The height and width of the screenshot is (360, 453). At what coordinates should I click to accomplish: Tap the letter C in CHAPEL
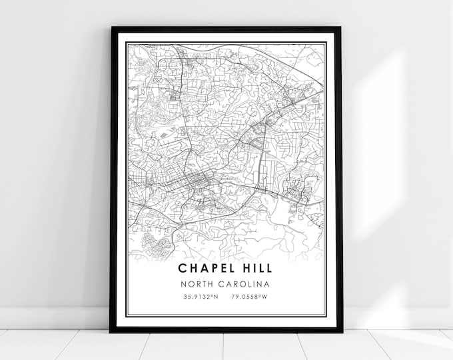(x=182, y=269)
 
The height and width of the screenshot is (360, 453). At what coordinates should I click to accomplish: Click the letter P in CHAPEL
(x=209, y=269)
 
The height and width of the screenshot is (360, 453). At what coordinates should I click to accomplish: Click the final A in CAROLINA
(x=269, y=284)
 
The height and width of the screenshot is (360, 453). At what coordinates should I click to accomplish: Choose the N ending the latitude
(x=216, y=297)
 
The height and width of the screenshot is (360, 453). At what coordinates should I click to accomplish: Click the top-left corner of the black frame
(x=112, y=28)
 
